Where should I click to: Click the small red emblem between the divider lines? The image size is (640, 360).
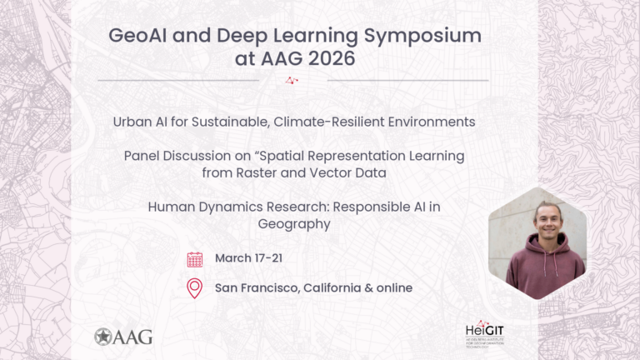click(292, 81)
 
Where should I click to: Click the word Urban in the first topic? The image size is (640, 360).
click(132, 122)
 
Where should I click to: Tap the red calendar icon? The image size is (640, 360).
click(195, 259)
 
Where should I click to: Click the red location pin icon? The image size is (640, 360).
click(195, 289)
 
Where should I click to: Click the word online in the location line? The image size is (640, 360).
click(391, 288)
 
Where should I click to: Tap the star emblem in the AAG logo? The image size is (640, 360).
click(104, 337)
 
